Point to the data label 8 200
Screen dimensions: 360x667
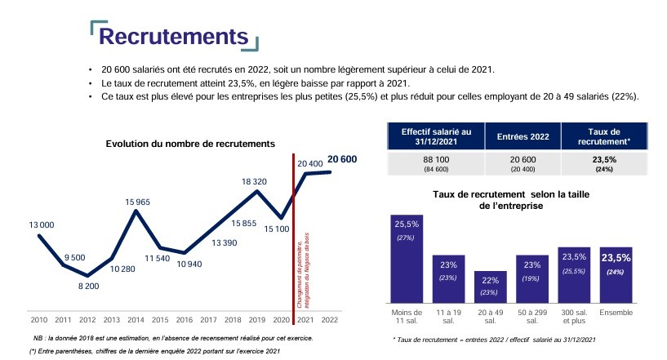88,287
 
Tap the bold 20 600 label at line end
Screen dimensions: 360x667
342,159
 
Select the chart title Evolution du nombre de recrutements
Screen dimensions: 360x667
190,144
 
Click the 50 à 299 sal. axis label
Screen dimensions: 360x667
533,317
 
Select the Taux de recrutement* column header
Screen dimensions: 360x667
605,136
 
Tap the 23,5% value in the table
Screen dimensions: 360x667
605,159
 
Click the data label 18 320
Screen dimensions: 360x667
256,180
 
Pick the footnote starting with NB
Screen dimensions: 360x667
171,338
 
